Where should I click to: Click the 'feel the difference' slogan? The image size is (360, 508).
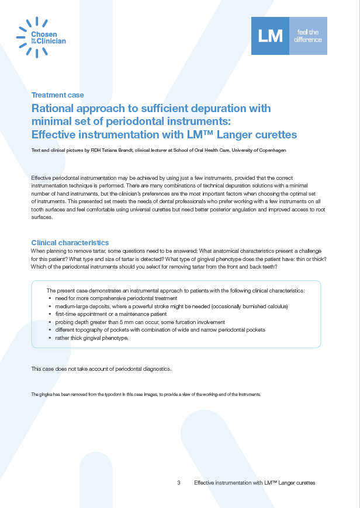pos(309,36)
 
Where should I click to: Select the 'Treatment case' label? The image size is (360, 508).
pos(57,95)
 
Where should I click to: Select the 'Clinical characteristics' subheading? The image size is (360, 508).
pos(70,243)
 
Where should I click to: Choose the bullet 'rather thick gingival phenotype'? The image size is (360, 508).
pos(91,338)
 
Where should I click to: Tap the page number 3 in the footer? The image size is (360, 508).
pos(178,483)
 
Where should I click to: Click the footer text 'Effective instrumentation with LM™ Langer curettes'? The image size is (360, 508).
pos(254,483)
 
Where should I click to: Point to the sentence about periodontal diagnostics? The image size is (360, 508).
pos(101,368)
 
